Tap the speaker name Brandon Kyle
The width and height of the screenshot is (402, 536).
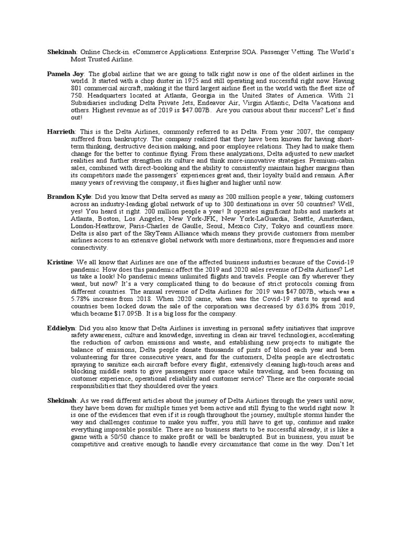click(68, 196)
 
